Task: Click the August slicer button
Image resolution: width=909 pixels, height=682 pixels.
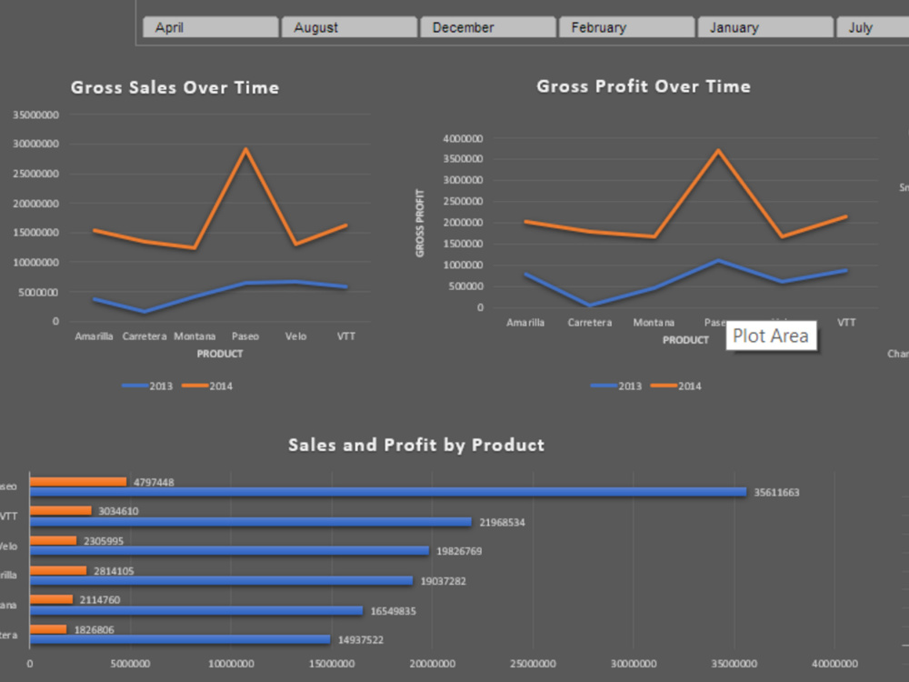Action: point(349,28)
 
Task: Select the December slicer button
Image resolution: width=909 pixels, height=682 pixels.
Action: point(487,28)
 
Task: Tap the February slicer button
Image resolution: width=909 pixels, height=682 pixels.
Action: point(626,28)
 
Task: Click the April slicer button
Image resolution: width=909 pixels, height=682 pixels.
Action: point(210,28)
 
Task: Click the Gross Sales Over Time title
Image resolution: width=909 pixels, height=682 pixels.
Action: point(175,88)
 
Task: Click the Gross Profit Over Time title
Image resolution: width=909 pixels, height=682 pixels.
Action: point(644,86)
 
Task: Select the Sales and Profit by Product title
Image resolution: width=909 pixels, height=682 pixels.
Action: point(416,445)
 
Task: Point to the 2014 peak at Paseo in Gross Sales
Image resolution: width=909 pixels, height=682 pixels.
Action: point(245,149)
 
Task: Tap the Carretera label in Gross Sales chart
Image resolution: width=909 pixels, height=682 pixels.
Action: point(144,336)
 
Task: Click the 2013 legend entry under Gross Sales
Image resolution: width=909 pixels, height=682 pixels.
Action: point(147,386)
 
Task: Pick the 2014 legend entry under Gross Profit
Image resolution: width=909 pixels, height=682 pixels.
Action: point(676,386)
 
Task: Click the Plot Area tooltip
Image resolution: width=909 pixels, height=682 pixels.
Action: point(771,336)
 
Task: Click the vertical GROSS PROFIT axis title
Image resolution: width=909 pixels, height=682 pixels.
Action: point(420,223)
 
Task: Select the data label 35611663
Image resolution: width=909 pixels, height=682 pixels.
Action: point(776,493)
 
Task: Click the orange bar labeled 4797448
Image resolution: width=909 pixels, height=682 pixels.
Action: point(78,482)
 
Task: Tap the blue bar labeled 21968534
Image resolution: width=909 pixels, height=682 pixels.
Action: point(250,522)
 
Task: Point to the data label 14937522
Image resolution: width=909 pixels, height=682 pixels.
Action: point(360,640)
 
